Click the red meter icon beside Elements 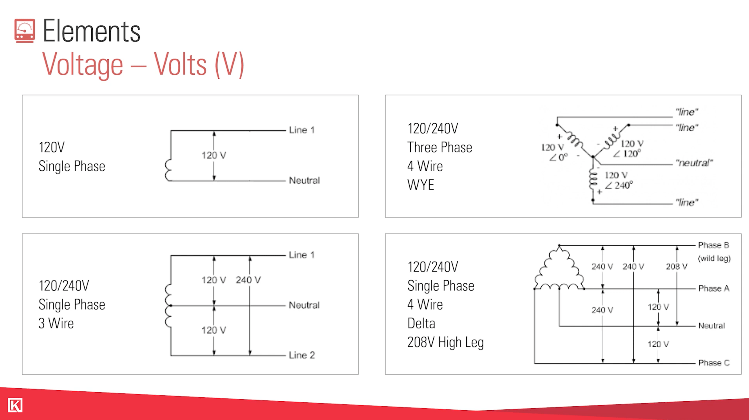pos(25,31)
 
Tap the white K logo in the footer pos(15,405)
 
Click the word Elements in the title pos(92,31)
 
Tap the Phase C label pos(714,363)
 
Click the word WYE pos(421,185)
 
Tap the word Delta pos(421,323)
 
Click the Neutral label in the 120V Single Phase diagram pos(304,180)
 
